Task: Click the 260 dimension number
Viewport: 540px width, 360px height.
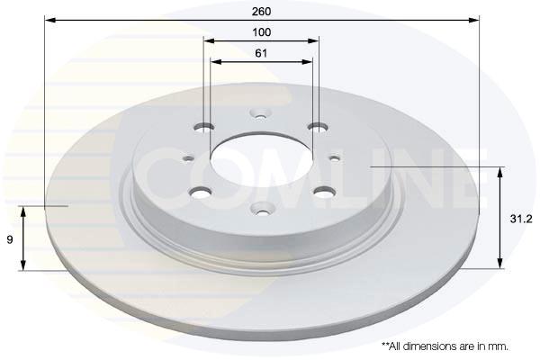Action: click(x=261, y=12)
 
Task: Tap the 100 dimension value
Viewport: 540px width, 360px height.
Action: click(x=262, y=32)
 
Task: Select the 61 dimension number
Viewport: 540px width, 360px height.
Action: click(x=261, y=53)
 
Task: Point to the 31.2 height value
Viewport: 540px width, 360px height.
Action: click(x=521, y=219)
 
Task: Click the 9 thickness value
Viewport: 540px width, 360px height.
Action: click(x=10, y=239)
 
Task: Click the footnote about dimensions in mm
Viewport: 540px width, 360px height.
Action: click(x=445, y=346)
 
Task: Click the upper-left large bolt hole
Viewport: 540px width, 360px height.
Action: click(x=204, y=128)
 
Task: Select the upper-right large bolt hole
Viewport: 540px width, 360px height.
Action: click(x=318, y=128)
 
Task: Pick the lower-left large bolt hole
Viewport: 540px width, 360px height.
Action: click(x=201, y=193)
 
